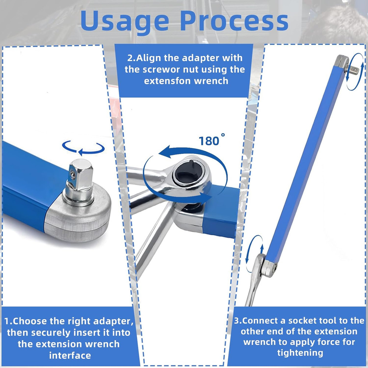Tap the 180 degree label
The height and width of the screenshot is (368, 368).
coord(212,140)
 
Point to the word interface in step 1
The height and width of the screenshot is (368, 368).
coord(70,355)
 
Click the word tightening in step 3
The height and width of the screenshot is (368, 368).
coord(300,353)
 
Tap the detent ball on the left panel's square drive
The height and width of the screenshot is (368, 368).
coord(73,175)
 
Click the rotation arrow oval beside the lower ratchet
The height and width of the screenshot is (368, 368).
coord(254,254)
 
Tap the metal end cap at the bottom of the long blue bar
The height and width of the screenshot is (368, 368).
coord(269,268)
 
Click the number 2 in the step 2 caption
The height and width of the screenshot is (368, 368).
coord(130,58)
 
